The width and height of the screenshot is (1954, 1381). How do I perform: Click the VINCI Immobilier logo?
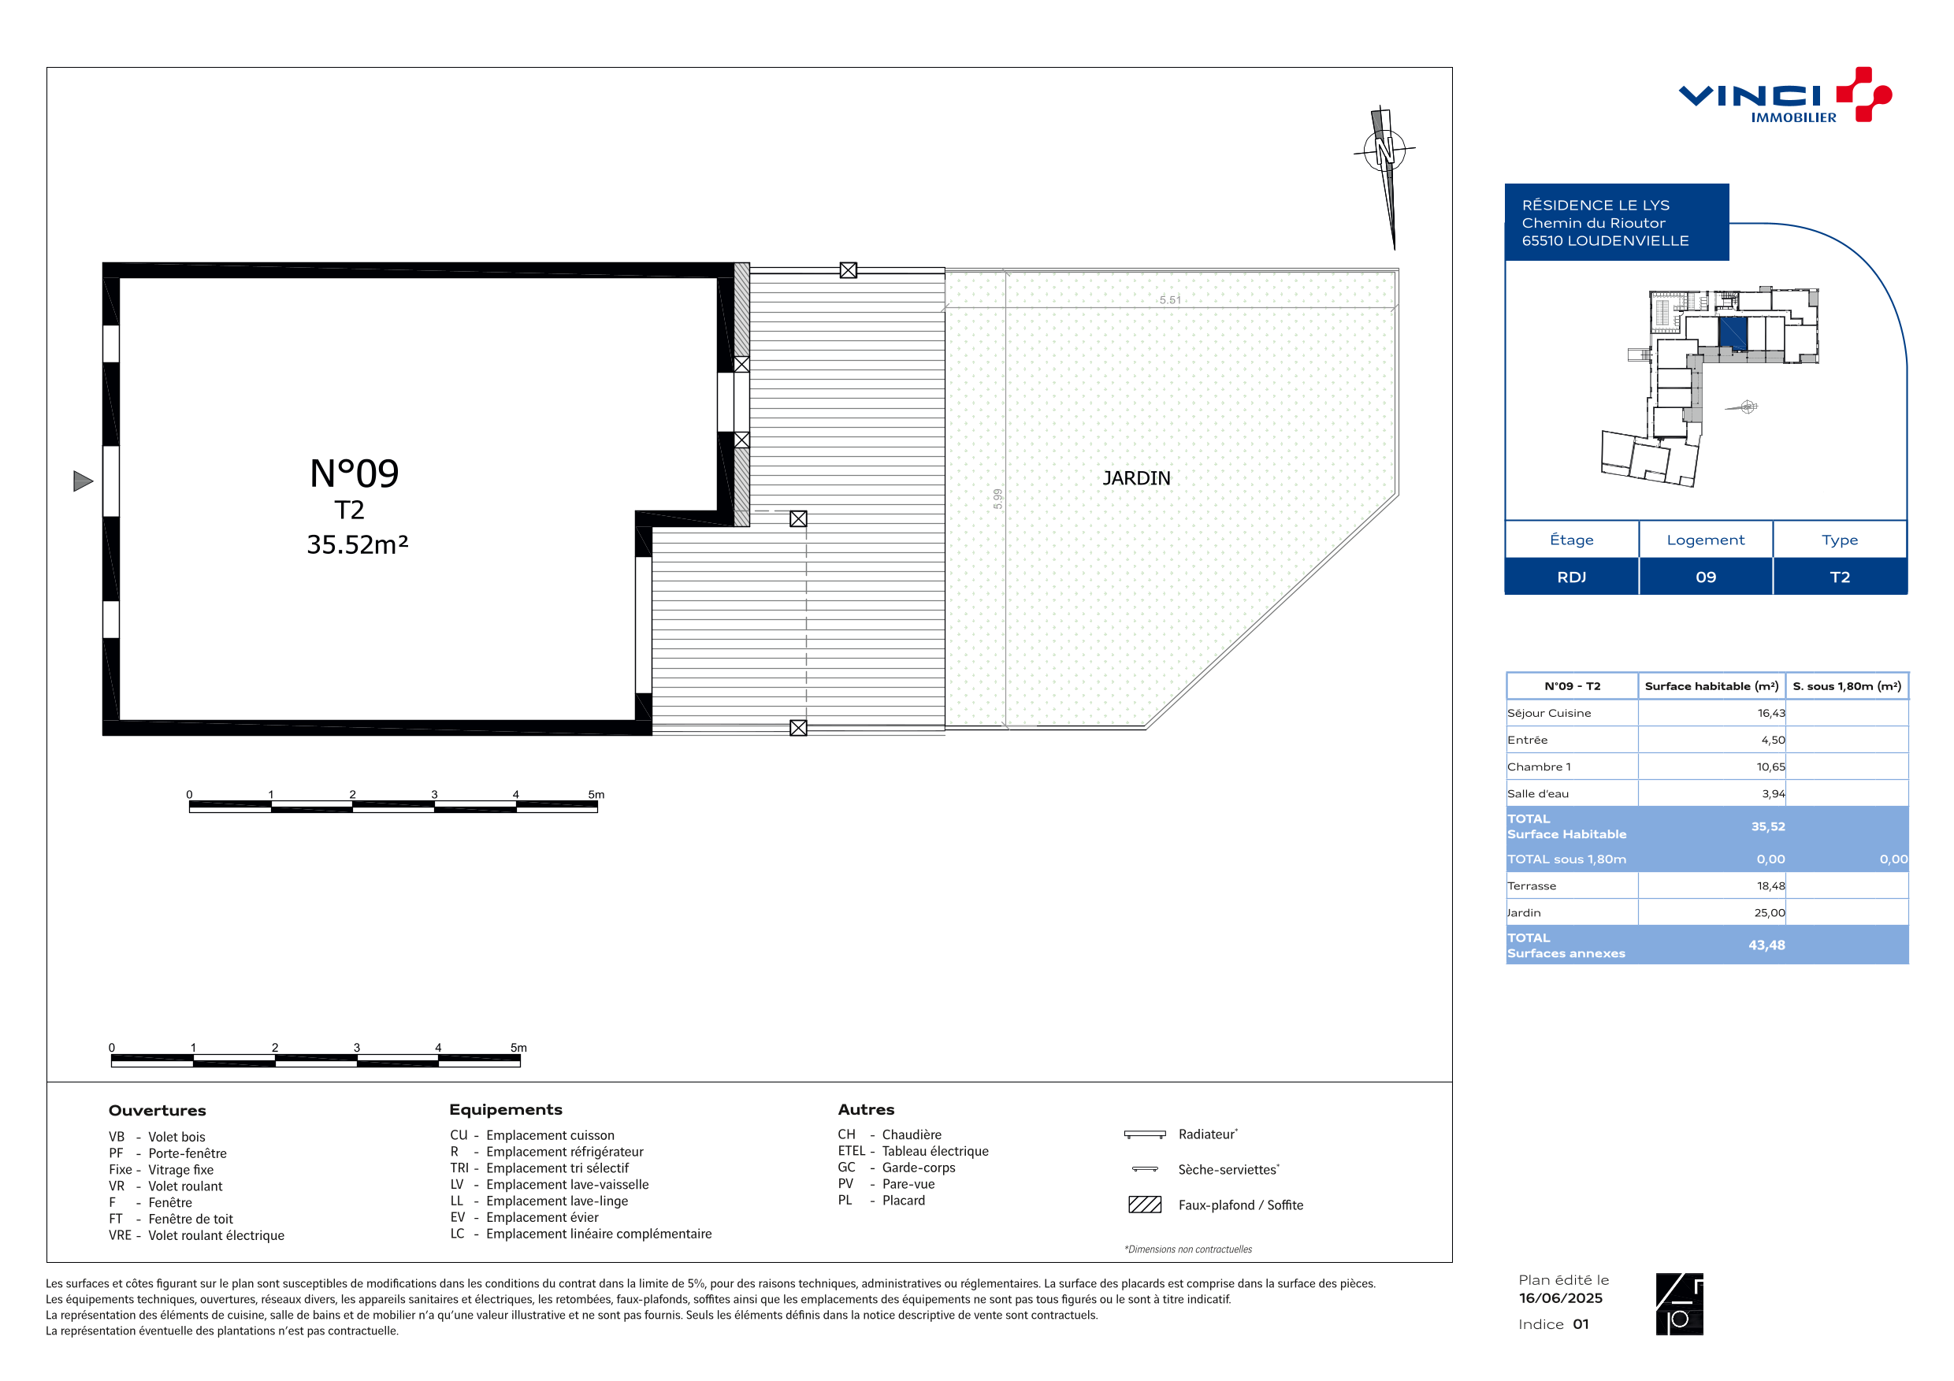tap(1784, 95)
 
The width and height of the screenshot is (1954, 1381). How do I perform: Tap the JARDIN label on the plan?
tap(1136, 478)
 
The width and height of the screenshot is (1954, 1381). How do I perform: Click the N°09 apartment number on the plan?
tap(354, 473)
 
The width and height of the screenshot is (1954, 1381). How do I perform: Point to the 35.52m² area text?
tap(358, 544)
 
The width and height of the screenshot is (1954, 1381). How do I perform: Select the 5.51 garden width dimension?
tap(1170, 299)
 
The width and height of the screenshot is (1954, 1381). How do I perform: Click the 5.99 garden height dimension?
tap(997, 499)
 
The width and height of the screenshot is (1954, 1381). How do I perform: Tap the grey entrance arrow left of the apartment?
tap(83, 481)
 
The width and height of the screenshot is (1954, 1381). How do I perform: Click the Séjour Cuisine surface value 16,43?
tap(1771, 713)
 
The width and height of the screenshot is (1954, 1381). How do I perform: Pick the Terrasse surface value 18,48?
tap(1771, 885)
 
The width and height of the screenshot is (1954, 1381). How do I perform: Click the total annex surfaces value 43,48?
tap(1766, 945)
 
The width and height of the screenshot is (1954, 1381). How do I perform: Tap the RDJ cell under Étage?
tap(1571, 577)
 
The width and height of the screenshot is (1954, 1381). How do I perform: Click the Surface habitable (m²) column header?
tap(1711, 686)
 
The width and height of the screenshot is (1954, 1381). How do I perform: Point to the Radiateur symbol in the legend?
tap(1145, 1134)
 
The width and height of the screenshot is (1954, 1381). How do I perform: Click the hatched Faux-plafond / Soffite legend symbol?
tap(1145, 1204)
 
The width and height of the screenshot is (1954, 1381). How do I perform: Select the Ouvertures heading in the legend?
tap(158, 1111)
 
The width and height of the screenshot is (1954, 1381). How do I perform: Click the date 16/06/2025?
tap(1561, 1298)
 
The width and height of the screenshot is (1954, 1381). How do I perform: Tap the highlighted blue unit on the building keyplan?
tap(1733, 332)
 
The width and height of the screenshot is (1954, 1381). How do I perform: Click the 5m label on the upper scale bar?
tap(596, 795)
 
